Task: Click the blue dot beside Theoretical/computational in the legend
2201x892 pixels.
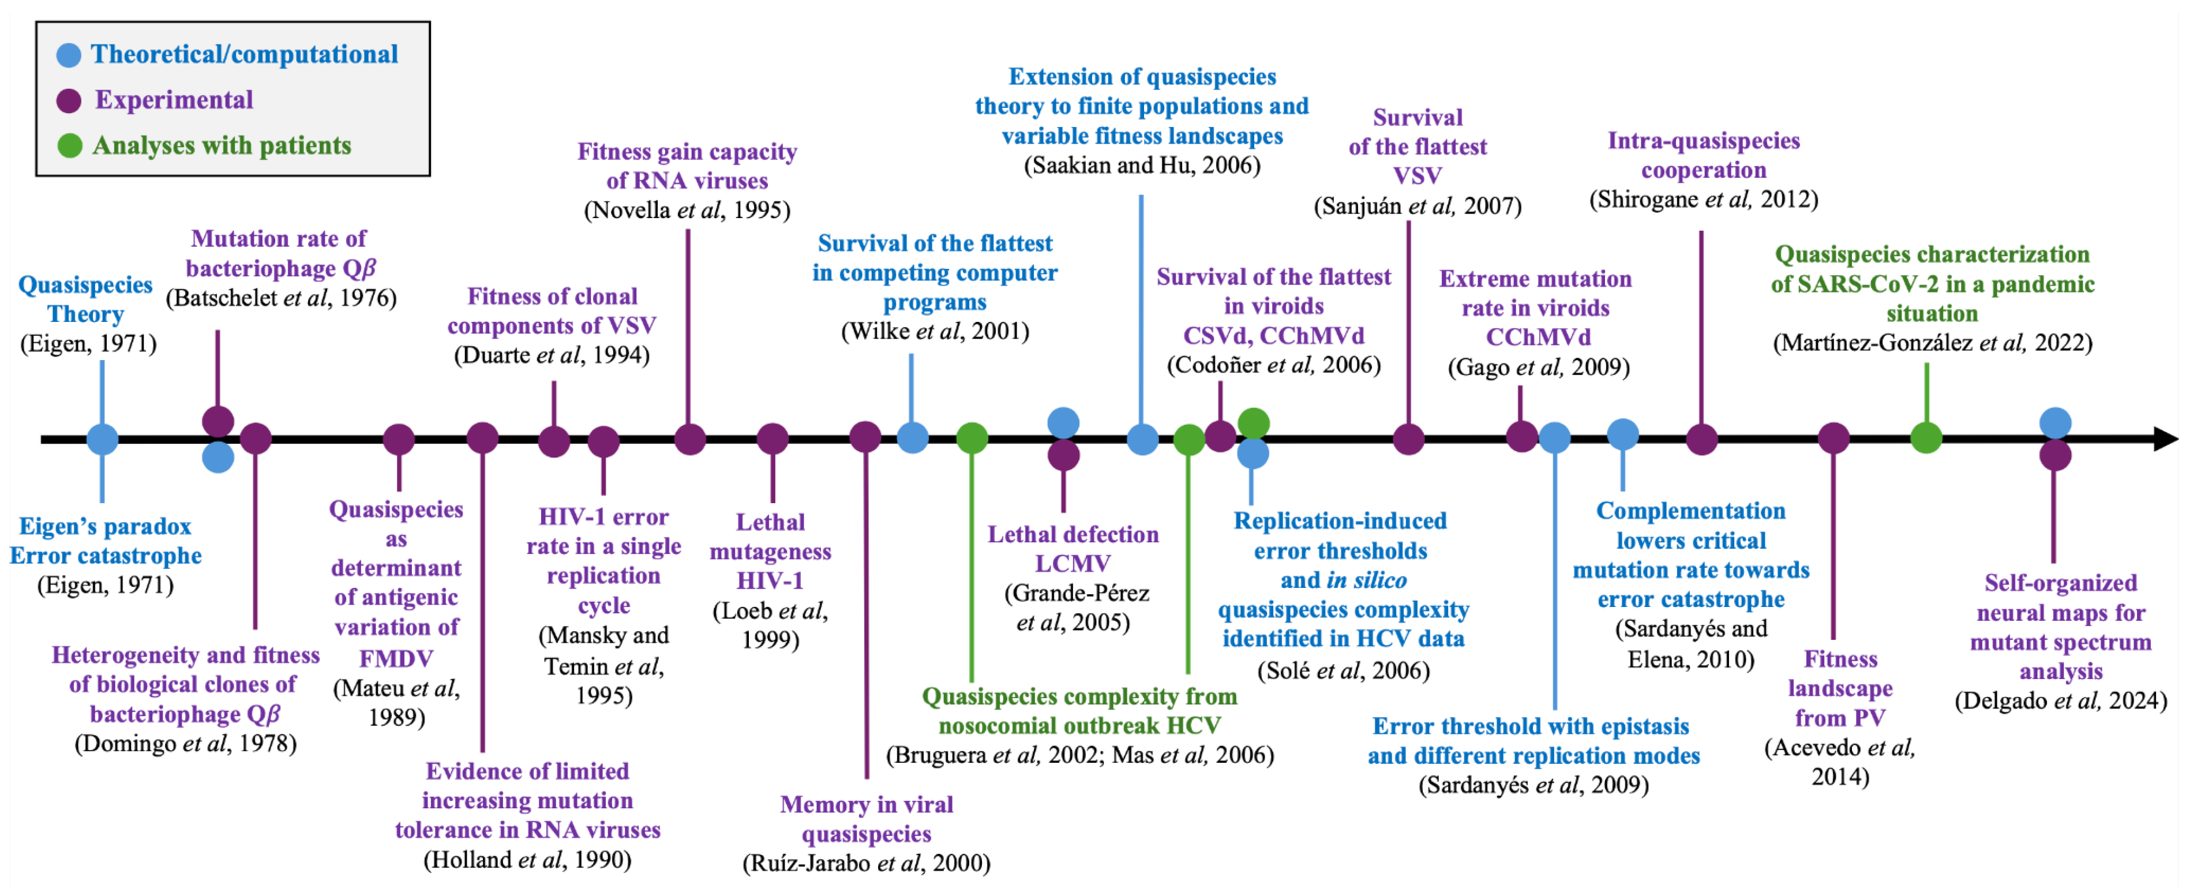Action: click(x=68, y=55)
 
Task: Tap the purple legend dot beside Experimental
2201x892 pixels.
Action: click(x=68, y=101)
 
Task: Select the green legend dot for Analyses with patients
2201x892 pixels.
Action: click(x=68, y=146)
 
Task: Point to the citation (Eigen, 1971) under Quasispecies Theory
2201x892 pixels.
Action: click(x=88, y=343)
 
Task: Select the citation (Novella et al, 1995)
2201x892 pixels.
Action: click(x=687, y=210)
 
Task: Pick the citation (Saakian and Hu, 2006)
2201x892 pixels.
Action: click(x=1142, y=165)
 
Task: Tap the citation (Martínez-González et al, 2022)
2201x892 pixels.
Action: click(x=1932, y=343)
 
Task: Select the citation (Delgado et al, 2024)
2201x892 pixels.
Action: click(x=2060, y=700)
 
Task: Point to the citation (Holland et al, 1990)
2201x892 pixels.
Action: click(x=527, y=860)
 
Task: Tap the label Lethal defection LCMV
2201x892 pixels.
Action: click(x=1073, y=549)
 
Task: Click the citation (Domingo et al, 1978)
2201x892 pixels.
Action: click(x=185, y=743)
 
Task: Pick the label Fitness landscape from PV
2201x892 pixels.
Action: click(x=1840, y=688)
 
